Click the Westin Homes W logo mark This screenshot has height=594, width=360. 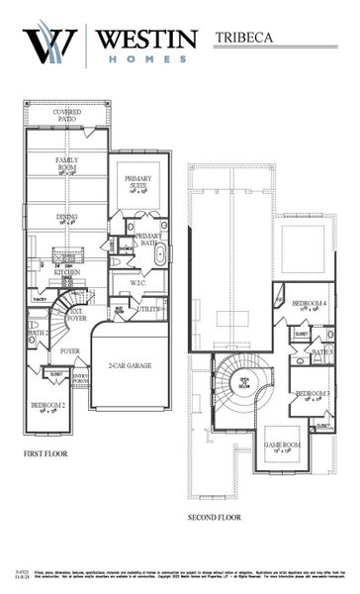tap(49, 46)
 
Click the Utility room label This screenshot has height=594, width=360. tap(149, 310)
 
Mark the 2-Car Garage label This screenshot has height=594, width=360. tap(132, 367)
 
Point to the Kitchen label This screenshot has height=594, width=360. tap(66, 272)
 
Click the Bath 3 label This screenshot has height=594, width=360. tap(322, 351)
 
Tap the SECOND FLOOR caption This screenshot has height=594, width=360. tap(215, 517)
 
